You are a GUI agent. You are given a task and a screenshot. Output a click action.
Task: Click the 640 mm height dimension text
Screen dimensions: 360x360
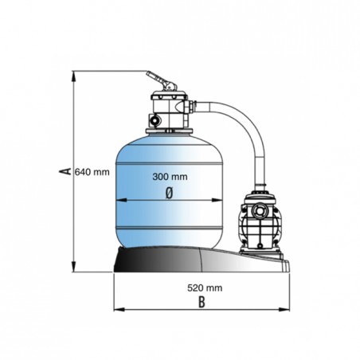92,172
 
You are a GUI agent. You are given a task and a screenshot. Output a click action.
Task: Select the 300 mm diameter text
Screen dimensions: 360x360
170,177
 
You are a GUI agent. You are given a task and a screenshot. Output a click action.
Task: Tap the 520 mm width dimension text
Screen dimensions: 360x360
205,288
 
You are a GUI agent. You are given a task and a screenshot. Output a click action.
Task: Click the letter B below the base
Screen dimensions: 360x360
202,302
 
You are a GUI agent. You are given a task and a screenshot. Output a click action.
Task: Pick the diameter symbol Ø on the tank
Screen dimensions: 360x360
169,193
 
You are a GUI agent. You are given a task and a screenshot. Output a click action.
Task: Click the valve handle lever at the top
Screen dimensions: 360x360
161,80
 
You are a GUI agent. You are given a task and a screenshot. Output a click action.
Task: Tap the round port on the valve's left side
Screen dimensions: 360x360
155,120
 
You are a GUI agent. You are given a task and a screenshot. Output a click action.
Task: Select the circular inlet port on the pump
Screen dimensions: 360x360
258,211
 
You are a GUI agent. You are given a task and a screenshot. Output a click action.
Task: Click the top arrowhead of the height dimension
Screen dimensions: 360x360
73,76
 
